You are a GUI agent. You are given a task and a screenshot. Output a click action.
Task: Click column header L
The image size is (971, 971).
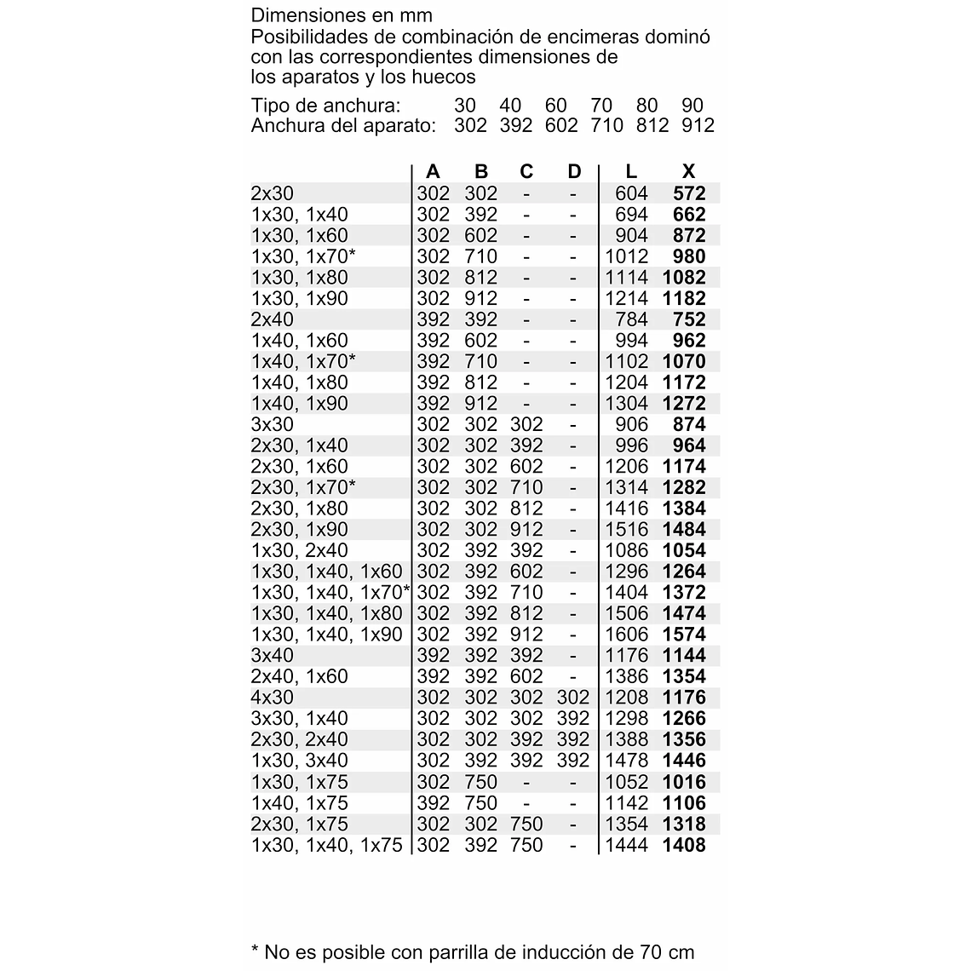631,172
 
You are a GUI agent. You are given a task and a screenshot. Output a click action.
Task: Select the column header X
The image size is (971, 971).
689,172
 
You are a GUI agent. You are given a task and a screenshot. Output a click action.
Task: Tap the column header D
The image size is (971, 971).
574,172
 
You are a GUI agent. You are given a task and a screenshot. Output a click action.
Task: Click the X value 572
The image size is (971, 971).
689,193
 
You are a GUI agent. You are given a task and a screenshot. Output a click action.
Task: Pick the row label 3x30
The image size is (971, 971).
273,424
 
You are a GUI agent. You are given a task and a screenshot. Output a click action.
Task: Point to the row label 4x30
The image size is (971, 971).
273,698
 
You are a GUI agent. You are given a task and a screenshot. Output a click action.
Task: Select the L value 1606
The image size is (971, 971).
627,635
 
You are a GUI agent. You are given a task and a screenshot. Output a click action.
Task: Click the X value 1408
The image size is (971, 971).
684,845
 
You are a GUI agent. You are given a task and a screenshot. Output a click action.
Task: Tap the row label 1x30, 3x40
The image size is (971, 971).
300,761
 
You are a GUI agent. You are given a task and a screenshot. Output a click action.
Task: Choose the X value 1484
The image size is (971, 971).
684,530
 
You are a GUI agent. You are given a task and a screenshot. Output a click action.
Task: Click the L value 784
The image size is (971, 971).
631,319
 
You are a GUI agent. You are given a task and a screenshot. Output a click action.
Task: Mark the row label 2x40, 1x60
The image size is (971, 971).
300,676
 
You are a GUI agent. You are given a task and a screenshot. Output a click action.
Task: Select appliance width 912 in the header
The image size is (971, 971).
698,126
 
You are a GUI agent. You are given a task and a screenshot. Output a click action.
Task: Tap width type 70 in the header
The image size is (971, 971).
601,106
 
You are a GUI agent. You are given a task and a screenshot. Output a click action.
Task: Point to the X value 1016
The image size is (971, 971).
684,782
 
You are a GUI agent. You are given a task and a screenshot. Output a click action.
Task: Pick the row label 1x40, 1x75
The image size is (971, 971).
300,803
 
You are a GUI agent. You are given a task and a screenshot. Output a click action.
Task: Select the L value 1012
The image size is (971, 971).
627,256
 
